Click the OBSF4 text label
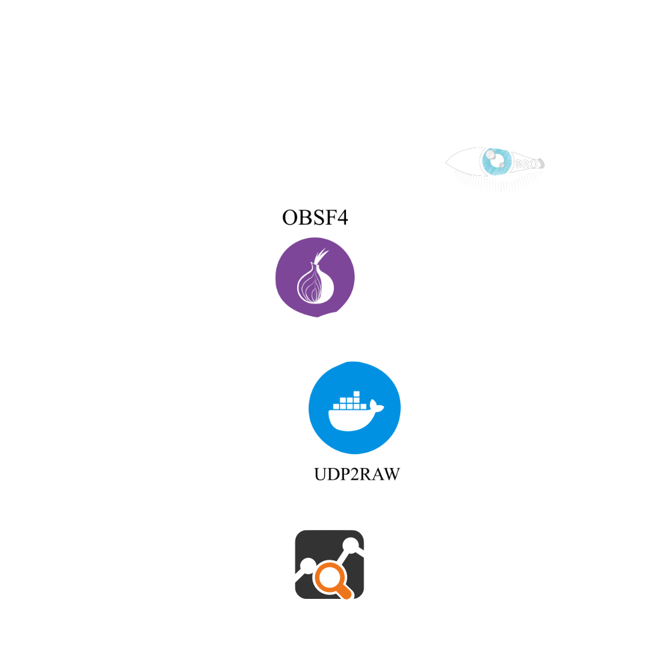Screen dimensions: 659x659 (x=315, y=218)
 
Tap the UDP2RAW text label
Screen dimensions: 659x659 (x=357, y=474)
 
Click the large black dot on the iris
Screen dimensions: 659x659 (x=490, y=155)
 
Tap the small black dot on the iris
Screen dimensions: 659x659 (x=502, y=166)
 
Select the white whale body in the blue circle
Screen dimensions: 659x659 (x=350, y=419)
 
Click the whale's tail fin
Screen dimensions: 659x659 (x=376, y=407)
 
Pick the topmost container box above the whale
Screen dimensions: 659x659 (x=356, y=394)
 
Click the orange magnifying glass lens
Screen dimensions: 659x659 (x=328, y=577)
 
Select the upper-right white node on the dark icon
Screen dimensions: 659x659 (x=350, y=545)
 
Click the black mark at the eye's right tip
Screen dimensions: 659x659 (x=542, y=164)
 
